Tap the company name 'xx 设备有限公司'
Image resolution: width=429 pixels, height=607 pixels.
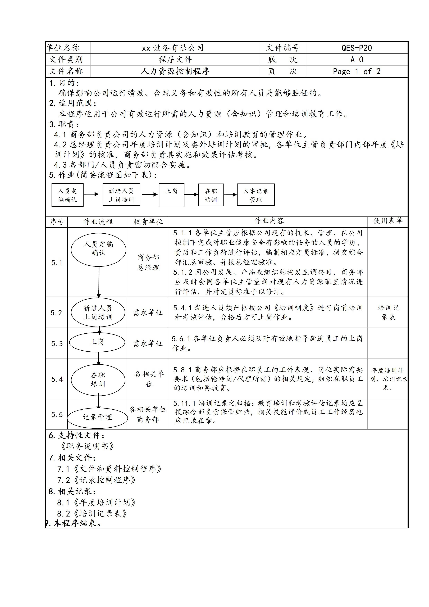click(173, 48)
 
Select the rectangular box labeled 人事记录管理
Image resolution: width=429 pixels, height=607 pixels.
click(256, 195)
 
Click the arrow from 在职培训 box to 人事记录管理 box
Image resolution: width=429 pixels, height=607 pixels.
click(230, 195)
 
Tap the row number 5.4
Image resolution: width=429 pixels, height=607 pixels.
click(57, 379)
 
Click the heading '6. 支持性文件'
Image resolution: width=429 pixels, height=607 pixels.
click(76, 435)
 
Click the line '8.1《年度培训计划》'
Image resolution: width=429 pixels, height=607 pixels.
click(97, 502)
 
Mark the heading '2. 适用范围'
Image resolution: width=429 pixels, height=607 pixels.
click(73, 103)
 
